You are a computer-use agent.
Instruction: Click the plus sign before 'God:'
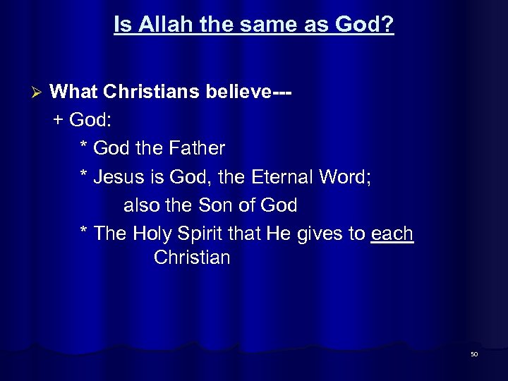click(58, 120)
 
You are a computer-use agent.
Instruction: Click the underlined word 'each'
click(392, 234)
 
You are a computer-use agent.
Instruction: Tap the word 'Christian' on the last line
click(192, 258)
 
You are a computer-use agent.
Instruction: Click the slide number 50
click(474, 354)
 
